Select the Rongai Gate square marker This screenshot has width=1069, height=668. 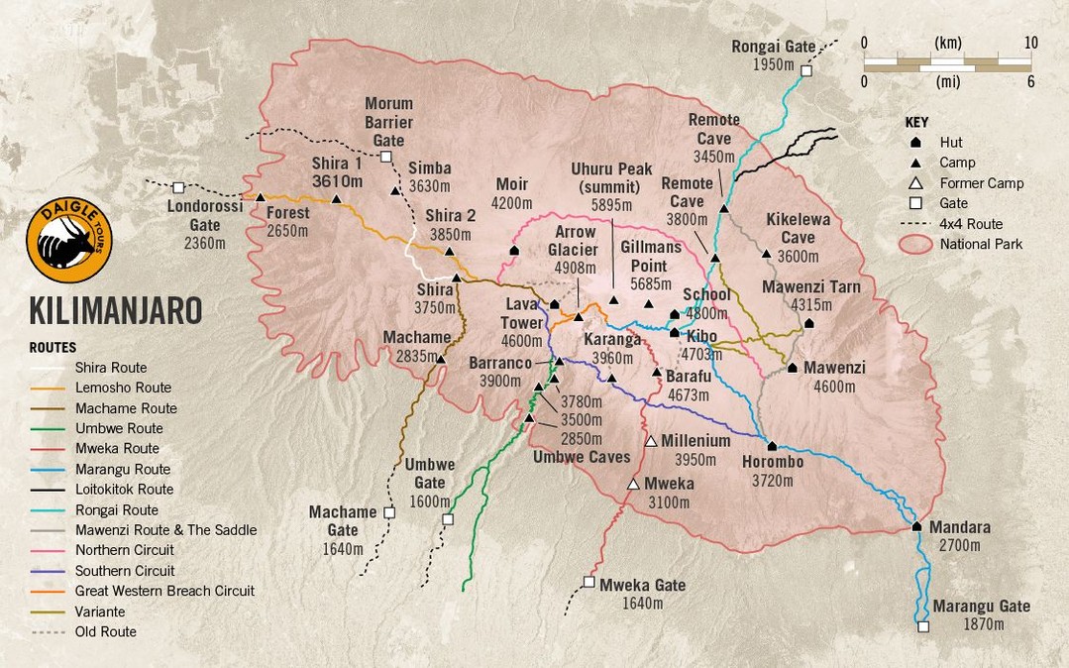point(806,70)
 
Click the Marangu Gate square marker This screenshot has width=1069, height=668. point(923,626)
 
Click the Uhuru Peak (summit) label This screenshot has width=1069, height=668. point(611,177)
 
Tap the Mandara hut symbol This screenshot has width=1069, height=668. point(917,526)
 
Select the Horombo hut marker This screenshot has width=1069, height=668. point(772,446)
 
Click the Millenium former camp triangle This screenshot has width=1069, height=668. point(651,441)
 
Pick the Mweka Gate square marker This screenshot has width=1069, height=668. point(589,582)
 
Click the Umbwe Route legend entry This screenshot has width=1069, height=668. point(119,428)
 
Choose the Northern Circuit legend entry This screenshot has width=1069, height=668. point(124,550)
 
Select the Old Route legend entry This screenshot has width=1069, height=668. point(105,631)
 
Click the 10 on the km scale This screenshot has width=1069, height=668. point(1030,43)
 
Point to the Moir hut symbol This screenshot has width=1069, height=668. point(514,251)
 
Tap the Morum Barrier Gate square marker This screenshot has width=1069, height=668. point(385,157)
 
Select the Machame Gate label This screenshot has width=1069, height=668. point(343,521)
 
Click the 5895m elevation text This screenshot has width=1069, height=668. point(611,204)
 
